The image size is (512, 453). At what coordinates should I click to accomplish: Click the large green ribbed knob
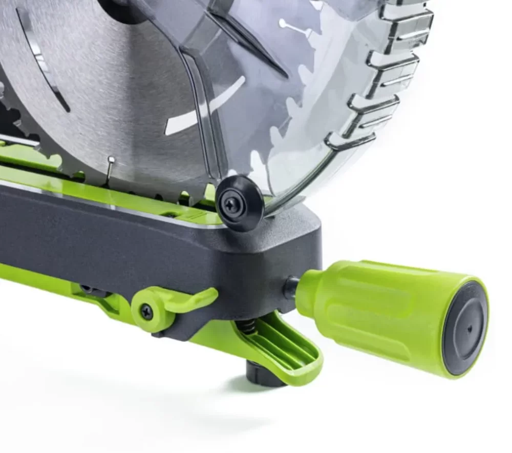tap(374, 313)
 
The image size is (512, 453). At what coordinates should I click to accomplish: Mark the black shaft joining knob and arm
tap(291, 287)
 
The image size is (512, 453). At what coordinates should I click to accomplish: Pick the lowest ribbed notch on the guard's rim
tap(351, 141)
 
